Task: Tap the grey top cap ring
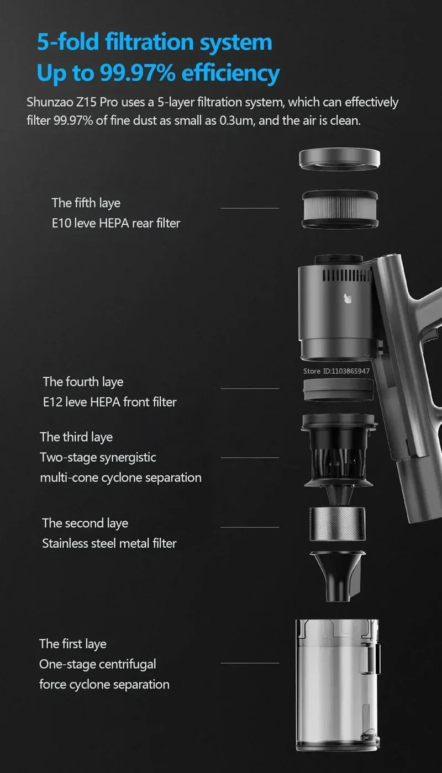(339, 159)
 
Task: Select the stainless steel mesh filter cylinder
(337, 525)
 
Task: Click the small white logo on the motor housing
(347, 299)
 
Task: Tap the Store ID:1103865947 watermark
(336, 371)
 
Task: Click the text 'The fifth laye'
(86, 203)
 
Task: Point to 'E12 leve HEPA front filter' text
(109, 402)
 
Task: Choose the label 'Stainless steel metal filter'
(109, 543)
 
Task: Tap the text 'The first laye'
(72, 644)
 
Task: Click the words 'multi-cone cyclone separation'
(120, 477)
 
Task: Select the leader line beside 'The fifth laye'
(250, 208)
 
